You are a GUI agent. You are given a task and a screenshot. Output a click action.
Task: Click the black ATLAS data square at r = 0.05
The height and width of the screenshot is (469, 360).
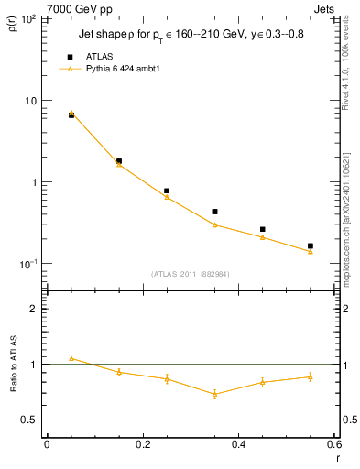point(71,115)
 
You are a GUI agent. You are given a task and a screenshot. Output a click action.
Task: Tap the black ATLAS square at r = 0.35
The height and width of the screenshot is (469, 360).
point(214,212)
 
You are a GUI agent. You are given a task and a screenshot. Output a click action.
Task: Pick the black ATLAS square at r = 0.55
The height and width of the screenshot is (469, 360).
point(310,245)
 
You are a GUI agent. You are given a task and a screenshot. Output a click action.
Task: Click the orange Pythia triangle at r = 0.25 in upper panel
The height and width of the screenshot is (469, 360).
point(167,197)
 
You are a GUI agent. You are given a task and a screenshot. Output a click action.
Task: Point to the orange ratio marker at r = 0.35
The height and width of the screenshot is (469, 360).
point(214,395)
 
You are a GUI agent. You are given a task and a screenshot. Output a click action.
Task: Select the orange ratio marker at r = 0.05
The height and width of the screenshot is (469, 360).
point(71,358)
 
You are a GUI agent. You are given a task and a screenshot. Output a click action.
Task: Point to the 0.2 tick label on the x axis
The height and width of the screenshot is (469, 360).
point(143,444)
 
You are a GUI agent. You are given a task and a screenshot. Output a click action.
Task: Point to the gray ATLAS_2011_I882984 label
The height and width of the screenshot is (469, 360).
point(191,273)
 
